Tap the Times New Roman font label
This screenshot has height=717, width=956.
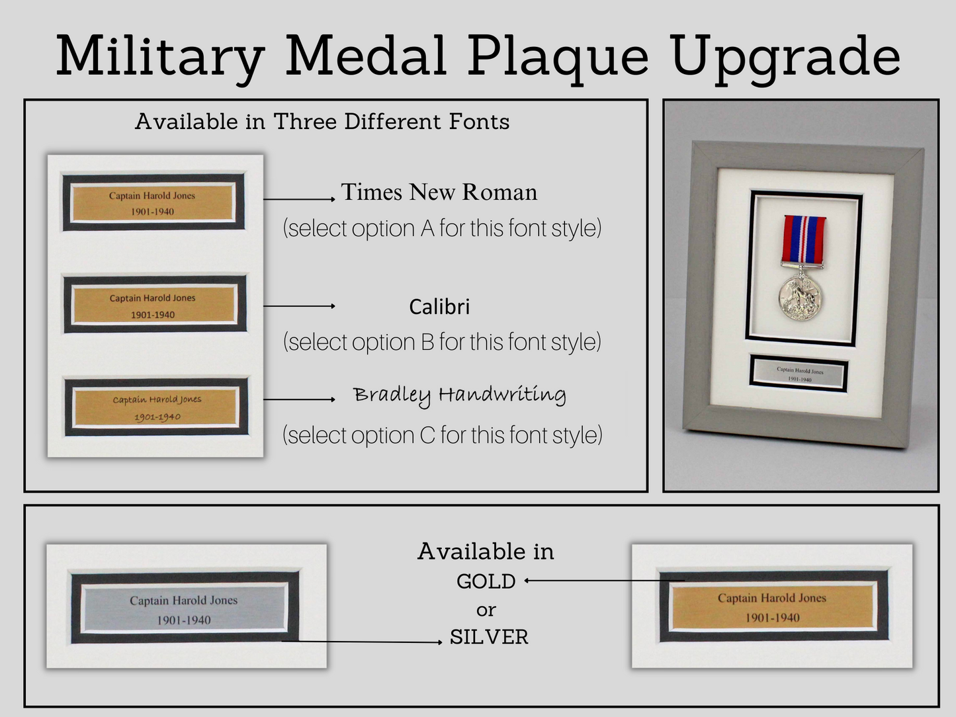(x=439, y=192)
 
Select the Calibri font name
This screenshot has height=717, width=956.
(x=439, y=307)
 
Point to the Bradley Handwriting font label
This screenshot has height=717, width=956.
(x=460, y=396)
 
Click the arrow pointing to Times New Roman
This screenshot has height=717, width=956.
(x=299, y=199)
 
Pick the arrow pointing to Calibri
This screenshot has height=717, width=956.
(x=299, y=306)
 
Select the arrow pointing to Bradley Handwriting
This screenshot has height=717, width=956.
(x=299, y=400)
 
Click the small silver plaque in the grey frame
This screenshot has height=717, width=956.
(x=799, y=374)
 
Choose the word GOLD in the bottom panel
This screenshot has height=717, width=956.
(x=486, y=581)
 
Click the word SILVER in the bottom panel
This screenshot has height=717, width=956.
(x=489, y=638)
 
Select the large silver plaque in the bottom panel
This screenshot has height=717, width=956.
(x=184, y=609)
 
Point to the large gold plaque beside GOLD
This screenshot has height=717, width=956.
(x=773, y=607)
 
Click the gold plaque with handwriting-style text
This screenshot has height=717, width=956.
(x=156, y=407)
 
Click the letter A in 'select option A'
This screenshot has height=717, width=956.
(x=427, y=228)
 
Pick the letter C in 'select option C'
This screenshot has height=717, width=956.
(x=428, y=435)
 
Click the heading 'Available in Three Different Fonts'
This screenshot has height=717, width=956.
(x=322, y=122)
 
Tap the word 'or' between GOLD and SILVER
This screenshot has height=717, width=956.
(x=486, y=611)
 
